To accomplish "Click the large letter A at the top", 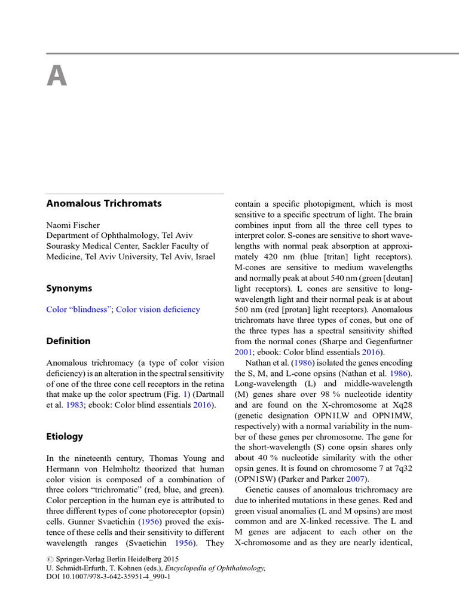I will (57, 76).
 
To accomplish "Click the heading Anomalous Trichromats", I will (104, 203).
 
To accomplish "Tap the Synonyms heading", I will (69, 288).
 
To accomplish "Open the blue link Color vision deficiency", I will (158, 310).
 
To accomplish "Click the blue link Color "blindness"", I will (79, 310).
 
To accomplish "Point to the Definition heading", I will (69, 341).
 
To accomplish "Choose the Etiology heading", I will (65, 436).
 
